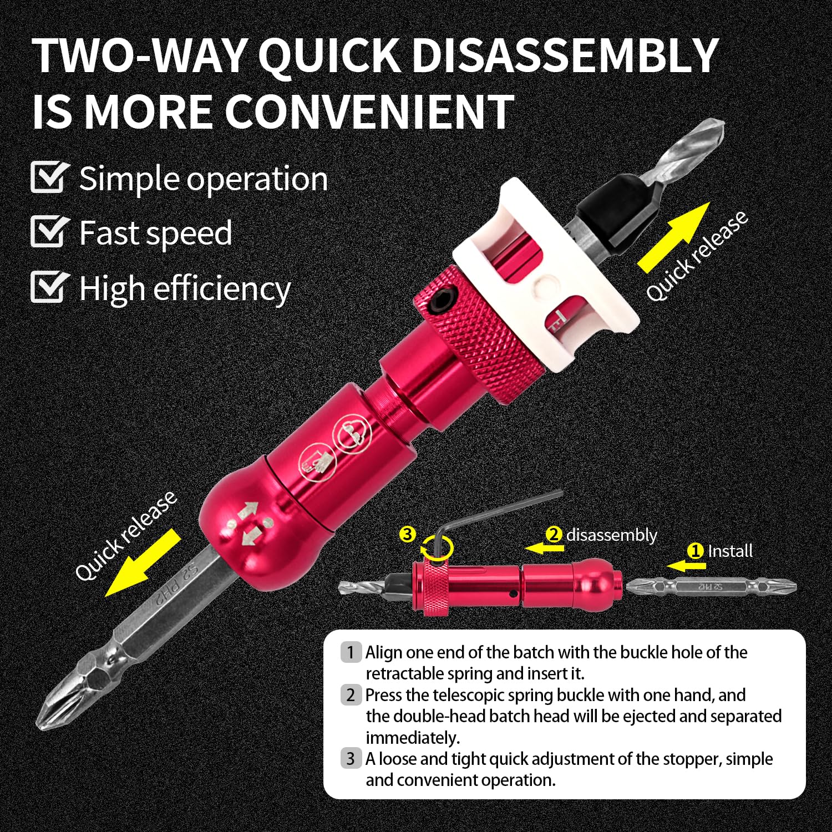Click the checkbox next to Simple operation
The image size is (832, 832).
point(49,177)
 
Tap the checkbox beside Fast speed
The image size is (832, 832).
point(49,232)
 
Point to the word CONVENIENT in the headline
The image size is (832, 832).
point(369,112)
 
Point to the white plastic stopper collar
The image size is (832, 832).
point(546,277)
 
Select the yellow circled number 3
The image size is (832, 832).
point(408,534)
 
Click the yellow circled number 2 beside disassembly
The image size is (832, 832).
point(554,535)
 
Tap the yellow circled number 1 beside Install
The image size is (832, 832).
point(695,551)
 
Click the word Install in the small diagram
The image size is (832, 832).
point(730,551)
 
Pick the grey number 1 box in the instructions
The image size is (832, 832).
point(351,652)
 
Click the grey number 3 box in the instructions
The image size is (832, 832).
point(351,758)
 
